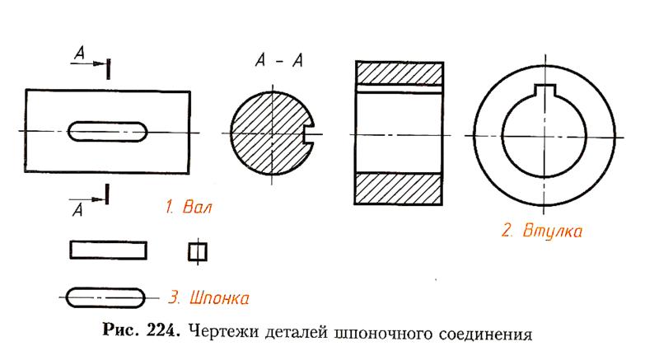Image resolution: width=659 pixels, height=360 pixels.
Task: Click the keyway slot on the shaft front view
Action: click(x=108, y=132)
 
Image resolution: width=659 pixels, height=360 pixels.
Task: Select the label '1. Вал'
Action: click(x=187, y=208)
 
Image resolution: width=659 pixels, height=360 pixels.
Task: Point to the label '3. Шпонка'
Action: click(x=208, y=296)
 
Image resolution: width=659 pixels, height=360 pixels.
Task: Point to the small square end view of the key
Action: click(x=195, y=250)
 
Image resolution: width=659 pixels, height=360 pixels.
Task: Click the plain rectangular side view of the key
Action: click(x=109, y=250)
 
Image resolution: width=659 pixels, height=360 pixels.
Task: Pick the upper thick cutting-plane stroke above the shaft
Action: click(x=109, y=66)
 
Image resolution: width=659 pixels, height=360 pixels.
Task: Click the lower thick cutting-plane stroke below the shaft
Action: click(x=108, y=194)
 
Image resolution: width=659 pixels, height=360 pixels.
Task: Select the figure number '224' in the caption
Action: click(x=159, y=334)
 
